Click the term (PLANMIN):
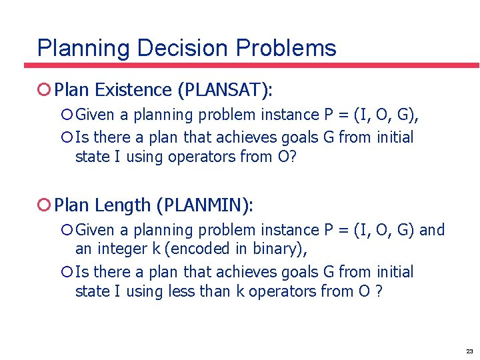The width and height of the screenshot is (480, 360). pos(205,205)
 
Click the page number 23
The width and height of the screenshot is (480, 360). pos(469,351)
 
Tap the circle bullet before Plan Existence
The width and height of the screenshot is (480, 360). pos(44,89)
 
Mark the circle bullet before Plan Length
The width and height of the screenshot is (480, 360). pos(44,205)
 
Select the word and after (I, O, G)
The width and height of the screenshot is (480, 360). pos(432,230)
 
